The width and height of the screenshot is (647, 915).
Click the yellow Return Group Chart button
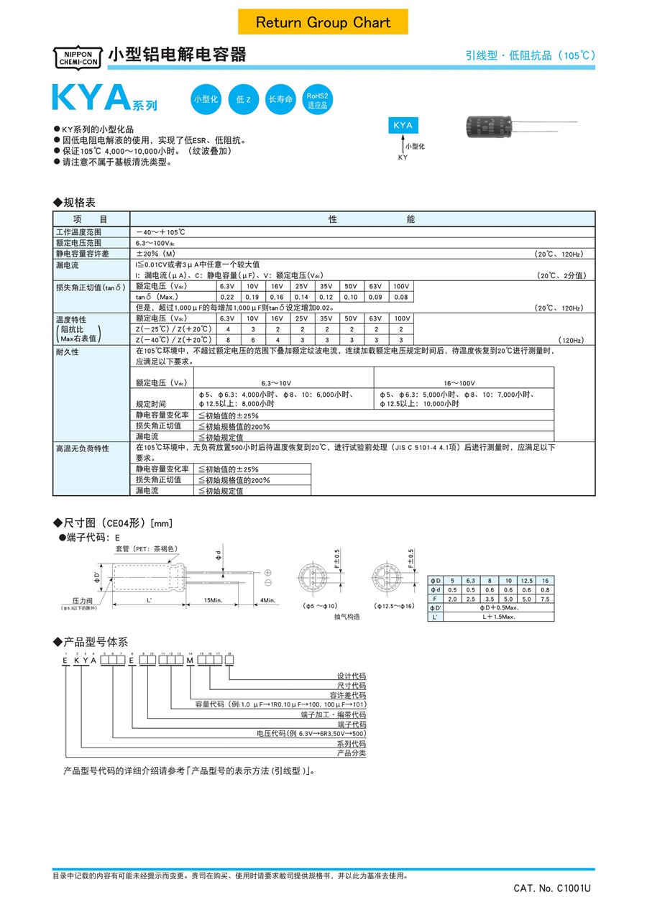point(323,22)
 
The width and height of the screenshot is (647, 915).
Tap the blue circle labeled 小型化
point(205,100)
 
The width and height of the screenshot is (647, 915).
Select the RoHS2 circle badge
point(317,100)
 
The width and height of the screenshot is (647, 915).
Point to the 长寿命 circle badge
point(280,100)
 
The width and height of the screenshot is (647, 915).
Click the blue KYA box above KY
point(403,125)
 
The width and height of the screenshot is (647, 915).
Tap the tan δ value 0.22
point(227,297)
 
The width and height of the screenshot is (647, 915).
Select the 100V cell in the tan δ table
point(401,286)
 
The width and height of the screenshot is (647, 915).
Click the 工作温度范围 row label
point(79,233)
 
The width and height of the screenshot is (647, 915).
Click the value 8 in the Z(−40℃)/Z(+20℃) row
point(227,339)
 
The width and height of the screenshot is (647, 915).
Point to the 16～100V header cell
point(464,383)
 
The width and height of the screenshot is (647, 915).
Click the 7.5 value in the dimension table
point(545,599)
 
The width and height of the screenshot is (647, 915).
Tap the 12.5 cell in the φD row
point(525,580)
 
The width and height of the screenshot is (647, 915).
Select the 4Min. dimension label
point(268,599)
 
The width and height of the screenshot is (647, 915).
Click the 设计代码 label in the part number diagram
point(352,676)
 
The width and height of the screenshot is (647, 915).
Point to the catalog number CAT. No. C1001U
point(552,888)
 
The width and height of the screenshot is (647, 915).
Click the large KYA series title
point(90,99)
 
